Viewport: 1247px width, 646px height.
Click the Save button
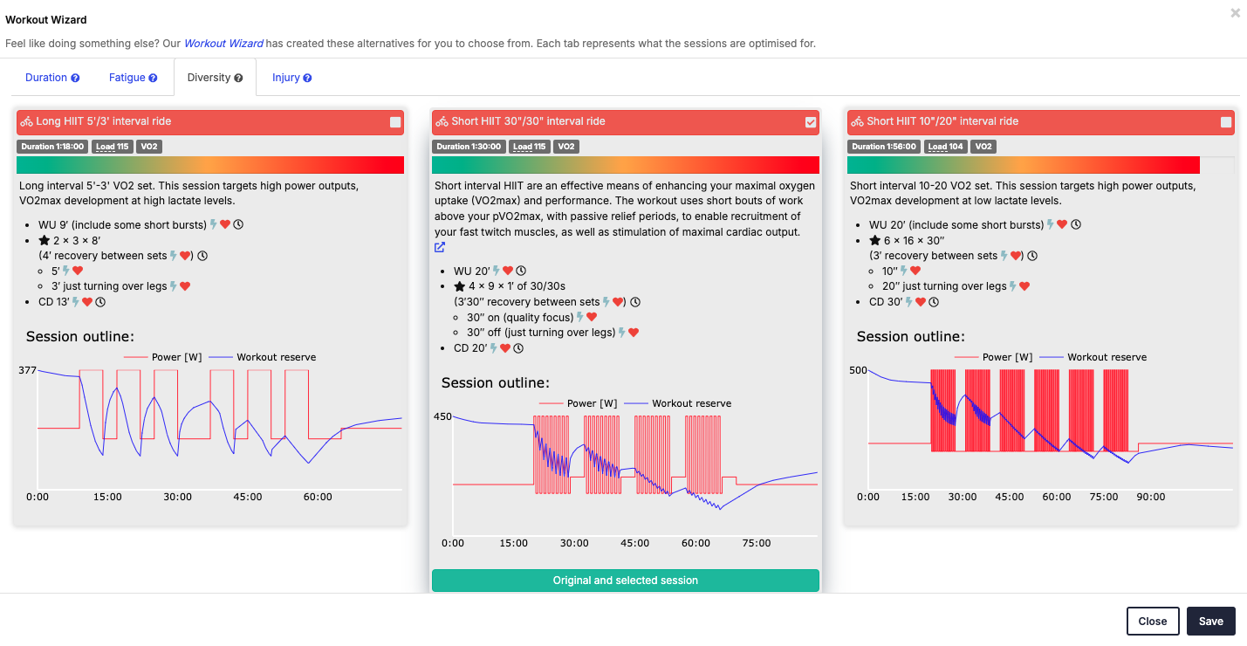1210,621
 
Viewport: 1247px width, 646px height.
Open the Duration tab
52,78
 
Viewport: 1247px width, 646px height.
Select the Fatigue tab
133,78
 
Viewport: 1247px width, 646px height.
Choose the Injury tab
291,78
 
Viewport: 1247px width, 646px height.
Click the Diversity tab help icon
239,78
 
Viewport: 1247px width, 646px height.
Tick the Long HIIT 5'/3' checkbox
395,122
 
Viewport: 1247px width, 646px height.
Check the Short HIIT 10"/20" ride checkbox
1226,122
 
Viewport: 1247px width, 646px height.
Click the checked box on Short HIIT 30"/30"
811,122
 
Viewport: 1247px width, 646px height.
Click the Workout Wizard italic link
223,44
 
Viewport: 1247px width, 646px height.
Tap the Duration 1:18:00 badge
52,147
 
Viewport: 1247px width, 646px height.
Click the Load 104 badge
945,147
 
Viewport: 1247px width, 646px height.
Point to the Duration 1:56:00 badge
883,147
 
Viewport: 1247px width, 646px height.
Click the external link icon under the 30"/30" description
440,247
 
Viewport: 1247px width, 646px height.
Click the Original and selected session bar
625,581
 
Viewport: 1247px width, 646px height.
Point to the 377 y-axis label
27,370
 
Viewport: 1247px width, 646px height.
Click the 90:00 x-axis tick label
1151,497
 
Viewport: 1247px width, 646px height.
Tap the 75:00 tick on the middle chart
756,543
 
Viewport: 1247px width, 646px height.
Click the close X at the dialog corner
1236,13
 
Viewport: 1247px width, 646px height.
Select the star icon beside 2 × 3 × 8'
44,240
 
